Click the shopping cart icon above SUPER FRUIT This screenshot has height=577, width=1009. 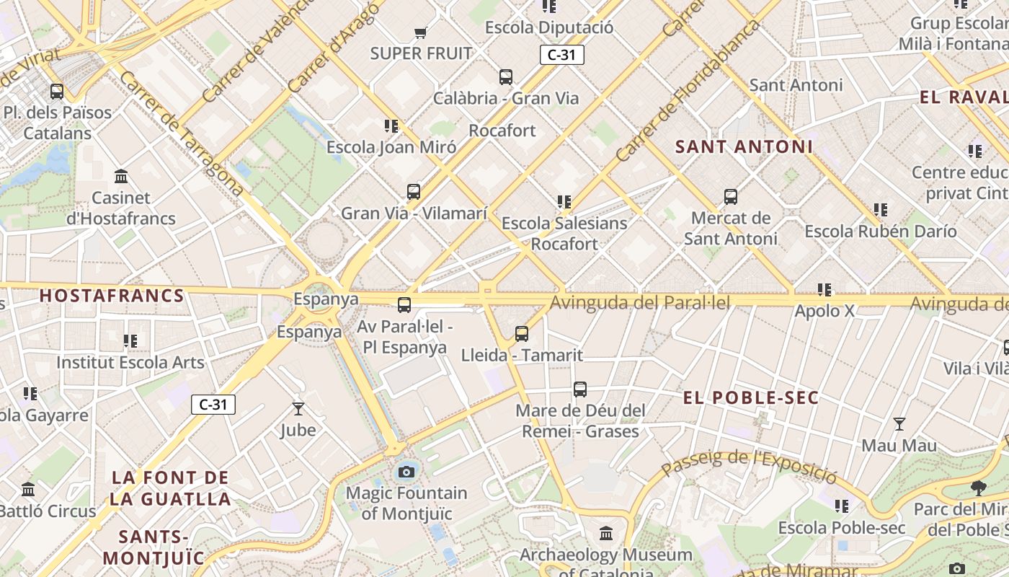click(x=421, y=32)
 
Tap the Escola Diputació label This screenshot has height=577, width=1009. click(x=549, y=28)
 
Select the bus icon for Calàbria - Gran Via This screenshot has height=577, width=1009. click(x=506, y=77)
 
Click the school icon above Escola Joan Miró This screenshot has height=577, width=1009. click(x=391, y=126)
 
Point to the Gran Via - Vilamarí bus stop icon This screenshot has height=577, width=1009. click(x=414, y=192)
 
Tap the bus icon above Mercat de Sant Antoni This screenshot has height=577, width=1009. click(x=731, y=197)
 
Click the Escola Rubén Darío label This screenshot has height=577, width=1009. click(x=880, y=232)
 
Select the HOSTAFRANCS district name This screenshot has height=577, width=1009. click(x=112, y=296)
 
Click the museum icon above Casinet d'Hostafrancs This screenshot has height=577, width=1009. click(x=121, y=176)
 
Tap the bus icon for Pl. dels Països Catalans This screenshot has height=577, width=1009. click(x=57, y=92)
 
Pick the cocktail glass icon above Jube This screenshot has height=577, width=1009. click(x=298, y=409)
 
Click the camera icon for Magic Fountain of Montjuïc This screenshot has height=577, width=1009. click(x=406, y=472)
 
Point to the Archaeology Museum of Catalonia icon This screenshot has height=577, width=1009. click(x=606, y=534)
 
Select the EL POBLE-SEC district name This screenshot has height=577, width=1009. click(x=750, y=398)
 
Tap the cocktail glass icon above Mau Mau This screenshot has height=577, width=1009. click(x=899, y=424)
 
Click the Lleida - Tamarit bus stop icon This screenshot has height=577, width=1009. click(x=522, y=334)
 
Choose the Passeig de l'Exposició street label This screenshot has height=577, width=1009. click(x=750, y=465)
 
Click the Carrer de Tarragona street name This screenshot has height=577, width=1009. click(x=181, y=133)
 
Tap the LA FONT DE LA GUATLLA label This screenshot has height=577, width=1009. click(x=171, y=488)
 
